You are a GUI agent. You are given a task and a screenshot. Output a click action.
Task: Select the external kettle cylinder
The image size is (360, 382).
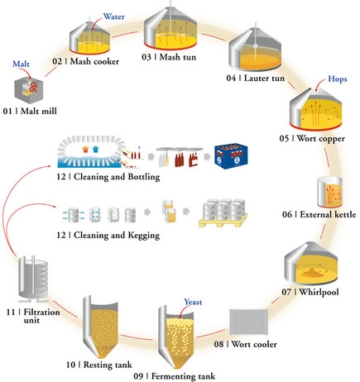(330, 191)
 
